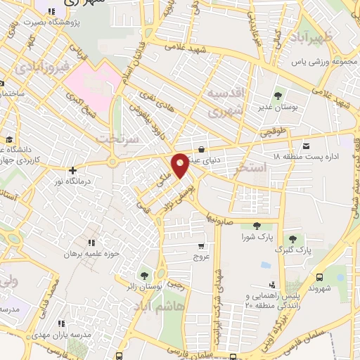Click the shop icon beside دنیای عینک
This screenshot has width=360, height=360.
(x=202, y=149)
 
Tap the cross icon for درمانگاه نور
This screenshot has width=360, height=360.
(x=72, y=169)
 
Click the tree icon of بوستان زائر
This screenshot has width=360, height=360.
(x=144, y=275)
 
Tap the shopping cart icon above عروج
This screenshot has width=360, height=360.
(x=202, y=246)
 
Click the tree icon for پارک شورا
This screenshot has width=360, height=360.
(x=255, y=226)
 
